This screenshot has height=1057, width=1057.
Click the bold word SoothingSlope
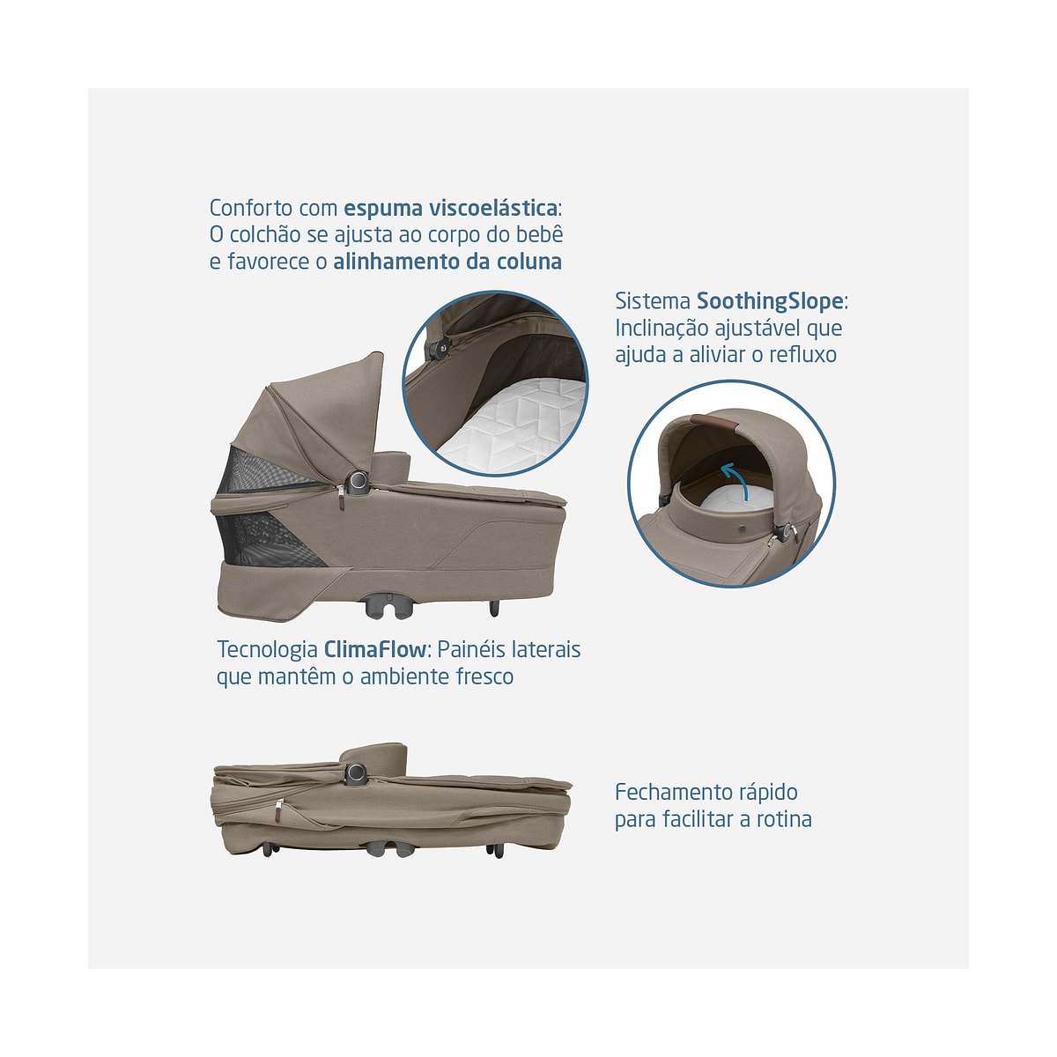point(770,301)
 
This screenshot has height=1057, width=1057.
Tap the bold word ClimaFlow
point(374,649)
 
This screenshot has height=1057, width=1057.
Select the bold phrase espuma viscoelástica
point(450,208)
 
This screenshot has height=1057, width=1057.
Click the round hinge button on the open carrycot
point(358,481)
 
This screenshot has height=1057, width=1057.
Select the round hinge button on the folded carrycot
point(356,772)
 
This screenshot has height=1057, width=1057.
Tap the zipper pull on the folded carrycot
point(278,810)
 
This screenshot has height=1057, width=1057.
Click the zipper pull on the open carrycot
point(341,498)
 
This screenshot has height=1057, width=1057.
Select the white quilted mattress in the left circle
point(515,424)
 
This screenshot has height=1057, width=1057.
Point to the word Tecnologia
point(267,649)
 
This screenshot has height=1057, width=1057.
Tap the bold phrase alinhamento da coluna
point(447,261)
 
